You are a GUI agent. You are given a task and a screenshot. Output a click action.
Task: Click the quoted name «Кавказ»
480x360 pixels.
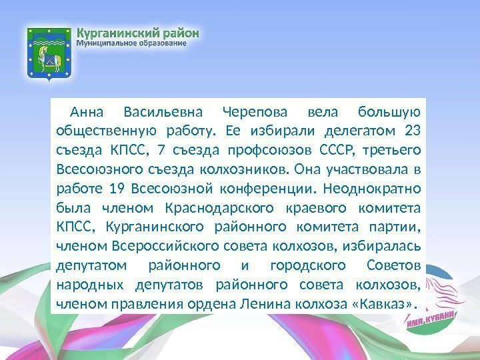[382, 304]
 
